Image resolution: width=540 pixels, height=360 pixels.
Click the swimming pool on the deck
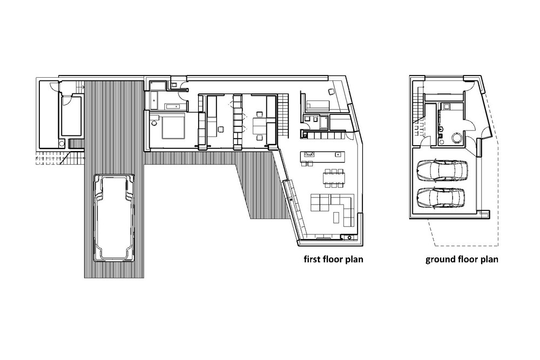tap(113, 217)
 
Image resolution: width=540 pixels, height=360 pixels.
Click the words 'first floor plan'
tap(332, 259)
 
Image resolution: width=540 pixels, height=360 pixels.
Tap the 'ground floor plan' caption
tap(462, 259)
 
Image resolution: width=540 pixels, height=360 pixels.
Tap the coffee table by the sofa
tap(339, 217)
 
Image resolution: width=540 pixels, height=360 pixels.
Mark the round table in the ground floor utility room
tap(454, 138)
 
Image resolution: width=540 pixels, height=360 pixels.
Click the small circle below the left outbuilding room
tap(62, 143)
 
